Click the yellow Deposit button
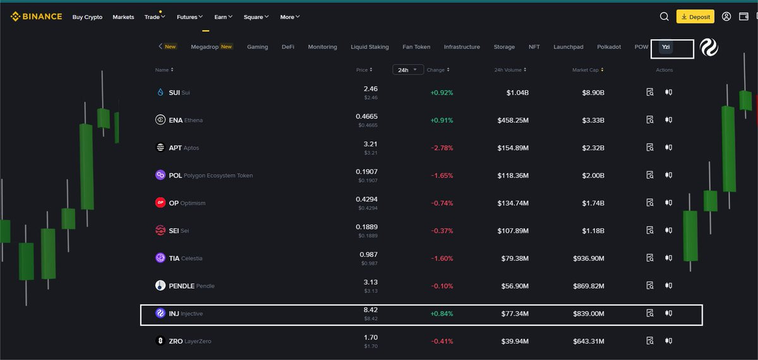(695, 16)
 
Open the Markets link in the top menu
(123, 17)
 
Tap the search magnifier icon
(664, 16)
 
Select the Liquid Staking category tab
(370, 47)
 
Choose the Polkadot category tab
(609, 47)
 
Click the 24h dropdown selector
(408, 69)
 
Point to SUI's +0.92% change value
(442, 92)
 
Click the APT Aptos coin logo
(160, 148)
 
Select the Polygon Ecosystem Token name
(218, 176)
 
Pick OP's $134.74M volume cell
(513, 203)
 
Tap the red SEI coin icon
(160, 231)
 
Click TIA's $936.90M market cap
(589, 258)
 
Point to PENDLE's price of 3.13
(371, 282)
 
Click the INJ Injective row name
(186, 314)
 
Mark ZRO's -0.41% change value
(442, 341)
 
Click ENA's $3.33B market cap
(593, 120)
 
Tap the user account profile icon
(726, 16)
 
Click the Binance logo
(36, 16)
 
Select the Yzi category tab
(666, 47)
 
